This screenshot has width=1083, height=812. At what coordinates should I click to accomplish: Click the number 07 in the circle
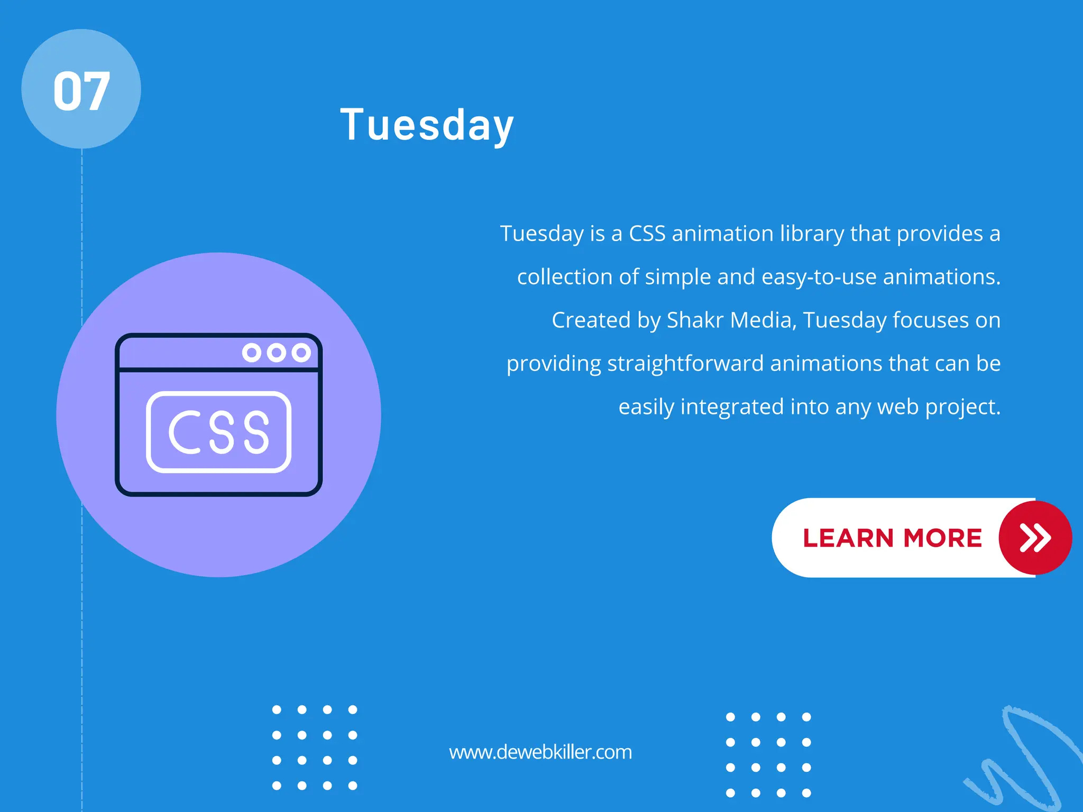click(81, 91)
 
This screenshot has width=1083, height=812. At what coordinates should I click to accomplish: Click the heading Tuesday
click(427, 125)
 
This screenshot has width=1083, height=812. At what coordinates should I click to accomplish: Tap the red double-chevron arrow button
click(1035, 538)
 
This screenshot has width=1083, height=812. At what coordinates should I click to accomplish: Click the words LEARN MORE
click(892, 538)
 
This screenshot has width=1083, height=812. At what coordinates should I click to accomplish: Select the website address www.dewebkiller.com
click(540, 752)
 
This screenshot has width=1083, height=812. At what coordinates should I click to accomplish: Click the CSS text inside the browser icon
click(219, 432)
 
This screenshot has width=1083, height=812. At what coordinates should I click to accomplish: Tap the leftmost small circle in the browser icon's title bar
click(252, 353)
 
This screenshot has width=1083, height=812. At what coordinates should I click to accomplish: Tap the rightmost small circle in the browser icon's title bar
click(301, 353)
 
